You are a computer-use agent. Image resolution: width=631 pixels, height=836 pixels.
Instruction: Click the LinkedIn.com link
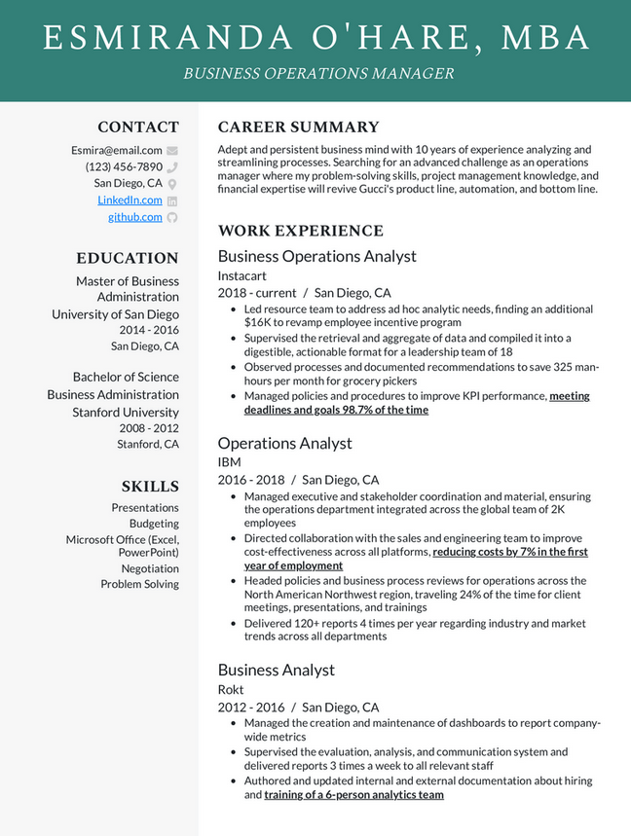[x=130, y=200]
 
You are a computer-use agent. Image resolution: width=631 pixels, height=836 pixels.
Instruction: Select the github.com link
[x=135, y=217]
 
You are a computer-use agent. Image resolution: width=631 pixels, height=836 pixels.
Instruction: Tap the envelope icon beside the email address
[x=172, y=151]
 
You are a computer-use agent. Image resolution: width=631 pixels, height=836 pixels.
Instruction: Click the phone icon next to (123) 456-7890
[x=172, y=167]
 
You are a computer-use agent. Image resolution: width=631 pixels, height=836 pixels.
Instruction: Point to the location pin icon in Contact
[x=172, y=184]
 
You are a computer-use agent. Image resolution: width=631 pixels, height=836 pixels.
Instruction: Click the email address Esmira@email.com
[x=116, y=150]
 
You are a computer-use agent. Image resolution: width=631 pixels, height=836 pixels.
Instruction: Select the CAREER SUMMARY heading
[x=298, y=127]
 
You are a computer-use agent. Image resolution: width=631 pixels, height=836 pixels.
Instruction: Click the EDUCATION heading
[x=128, y=258]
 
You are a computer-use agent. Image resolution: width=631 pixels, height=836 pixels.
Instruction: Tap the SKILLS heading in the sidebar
[x=150, y=486]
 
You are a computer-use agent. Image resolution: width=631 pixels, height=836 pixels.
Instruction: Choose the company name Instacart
[x=243, y=275]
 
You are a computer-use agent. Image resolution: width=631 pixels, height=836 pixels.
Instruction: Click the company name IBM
[x=229, y=462]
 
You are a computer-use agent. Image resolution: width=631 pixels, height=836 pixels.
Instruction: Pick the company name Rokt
[x=231, y=689]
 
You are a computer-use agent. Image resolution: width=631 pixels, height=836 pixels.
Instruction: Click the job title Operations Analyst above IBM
[x=284, y=443]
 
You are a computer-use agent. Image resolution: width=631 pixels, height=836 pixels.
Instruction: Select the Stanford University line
[x=126, y=413]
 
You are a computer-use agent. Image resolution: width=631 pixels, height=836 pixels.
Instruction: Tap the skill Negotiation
[x=150, y=568]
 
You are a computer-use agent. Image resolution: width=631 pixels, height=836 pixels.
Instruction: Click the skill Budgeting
[x=154, y=523]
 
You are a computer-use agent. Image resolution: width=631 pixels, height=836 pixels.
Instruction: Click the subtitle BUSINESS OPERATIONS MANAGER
[x=318, y=73]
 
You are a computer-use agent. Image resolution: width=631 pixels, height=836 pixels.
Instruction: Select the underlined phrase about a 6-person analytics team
[x=353, y=795]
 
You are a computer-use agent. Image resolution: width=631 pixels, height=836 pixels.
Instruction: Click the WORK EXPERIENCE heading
[x=300, y=231]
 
